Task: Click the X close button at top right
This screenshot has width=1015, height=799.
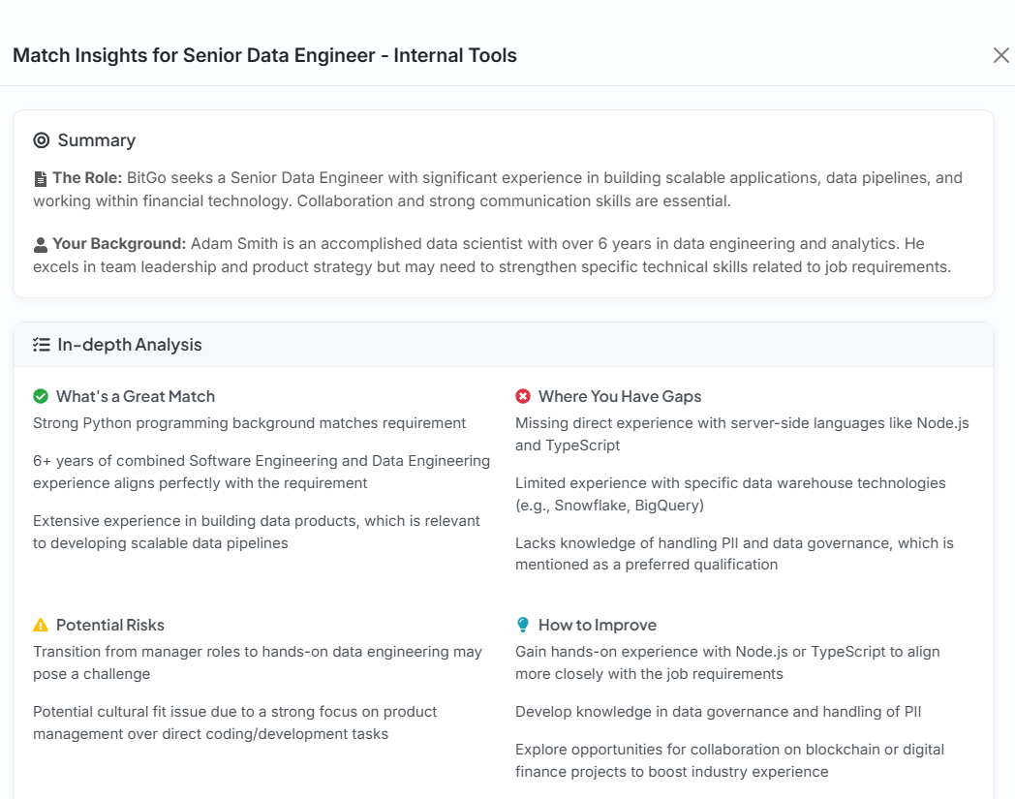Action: pyautogui.click(x=1000, y=55)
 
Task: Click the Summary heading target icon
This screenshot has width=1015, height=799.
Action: pyautogui.click(x=41, y=140)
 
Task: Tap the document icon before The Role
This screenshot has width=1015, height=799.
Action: pyautogui.click(x=41, y=179)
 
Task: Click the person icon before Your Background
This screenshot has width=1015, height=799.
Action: pyautogui.click(x=41, y=245)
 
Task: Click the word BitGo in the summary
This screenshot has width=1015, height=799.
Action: pyautogui.click(x=146, y=178)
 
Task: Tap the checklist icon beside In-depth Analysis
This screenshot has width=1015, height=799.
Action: pyautogui.click(x=41, y=345)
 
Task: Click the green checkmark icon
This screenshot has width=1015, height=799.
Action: pyautogui.click(x=41, y=396)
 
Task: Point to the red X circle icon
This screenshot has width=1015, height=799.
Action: pyautogui.click(x=523, y=396)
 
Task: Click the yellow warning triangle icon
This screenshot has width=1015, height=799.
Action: pyautogui.click(x=41, y=625)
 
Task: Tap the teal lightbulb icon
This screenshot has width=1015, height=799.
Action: pyautogui.click(x=523, y=625)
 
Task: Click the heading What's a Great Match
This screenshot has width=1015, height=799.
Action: pyautogui.click(x=136, y=396)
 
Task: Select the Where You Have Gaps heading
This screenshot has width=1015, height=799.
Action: pyautogui.click(x=620, y=396)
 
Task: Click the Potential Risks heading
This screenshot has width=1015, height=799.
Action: pyautogui.click(x=110, y=625)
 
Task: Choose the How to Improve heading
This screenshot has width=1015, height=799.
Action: pyautogui.click(x=598, y=625)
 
